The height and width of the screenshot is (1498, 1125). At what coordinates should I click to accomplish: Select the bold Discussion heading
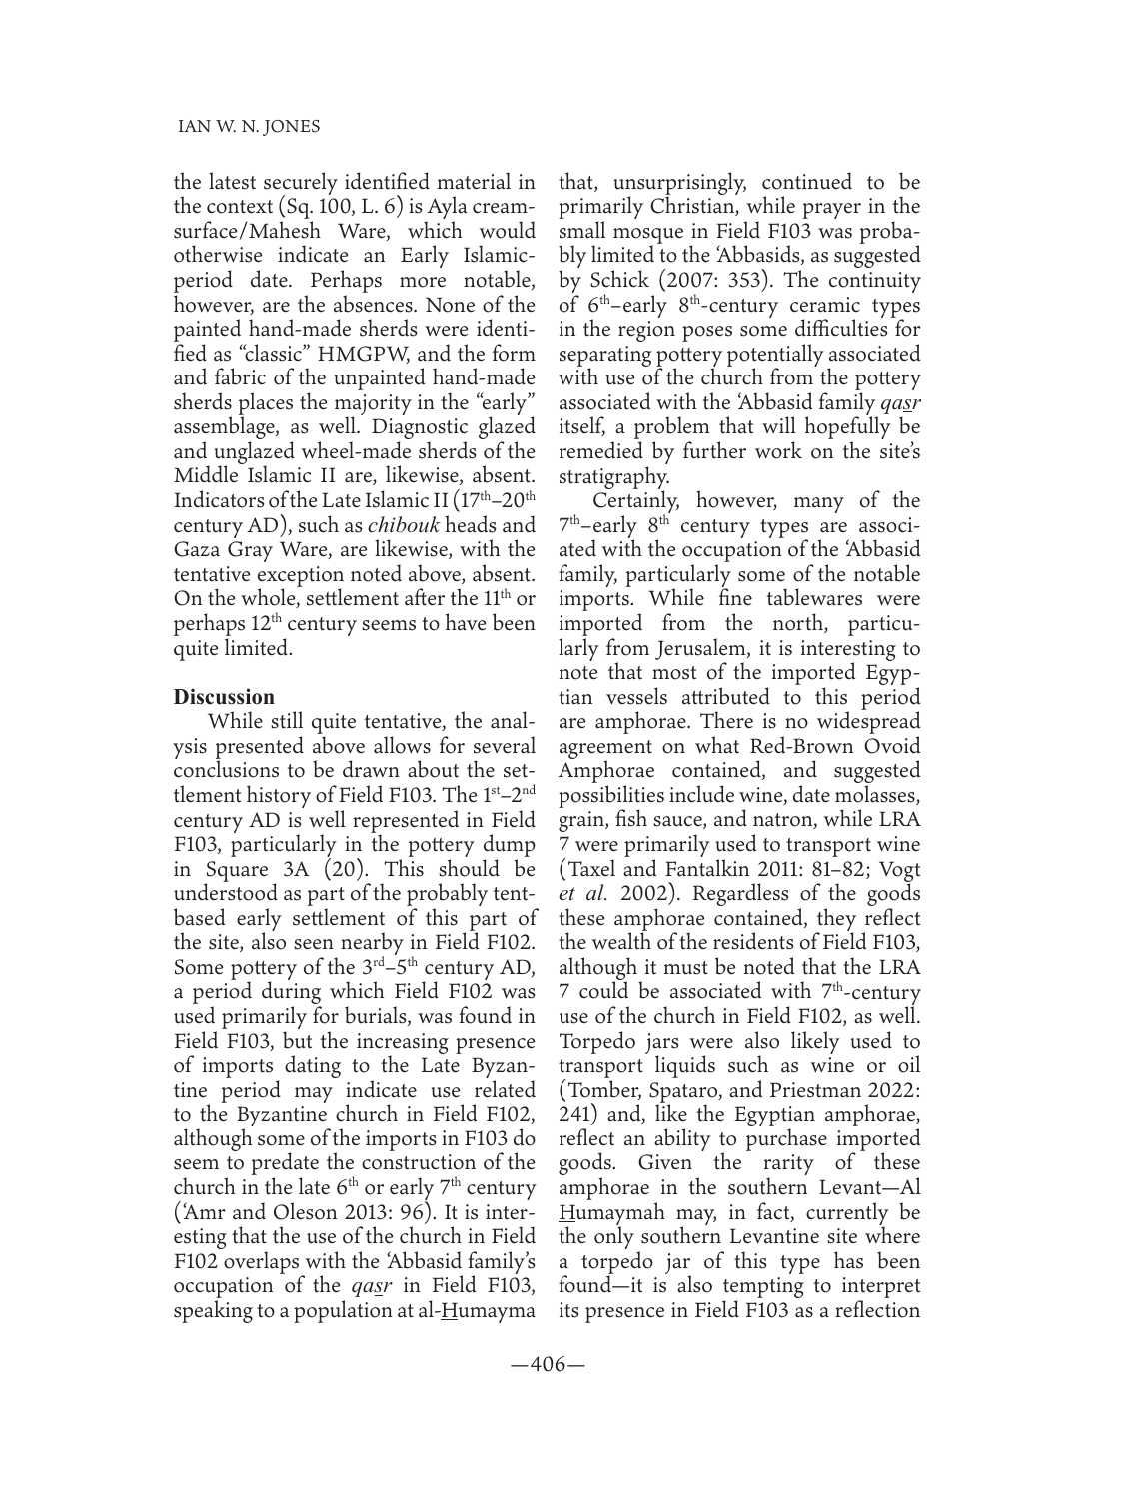click(x=224, y=696)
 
